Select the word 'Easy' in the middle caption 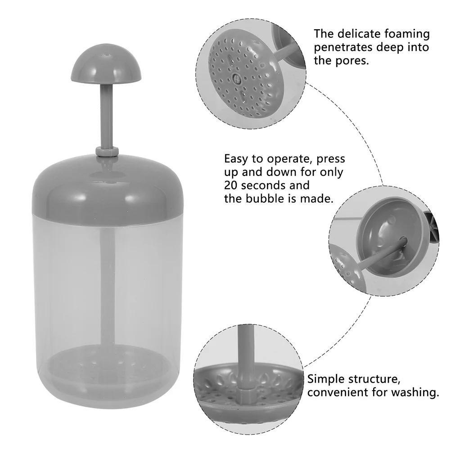point(236,159)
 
